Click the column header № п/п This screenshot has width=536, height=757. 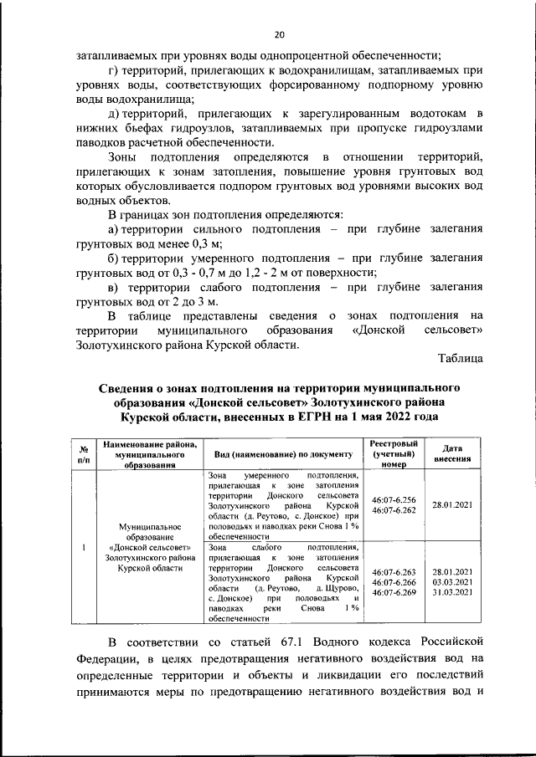click(x=84, y=454)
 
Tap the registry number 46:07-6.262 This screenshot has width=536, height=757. click(x=393, y=510)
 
